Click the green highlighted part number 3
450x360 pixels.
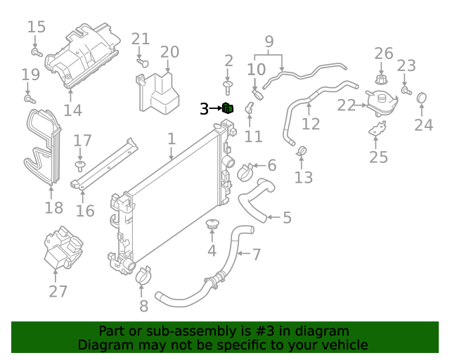click(228, 108)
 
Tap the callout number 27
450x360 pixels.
click(58, 291)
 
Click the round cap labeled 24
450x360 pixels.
click(423, 98)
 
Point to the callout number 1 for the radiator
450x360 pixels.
click(171, 140)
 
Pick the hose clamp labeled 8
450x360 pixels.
click(143, 277)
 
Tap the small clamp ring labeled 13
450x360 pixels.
click(302, 149)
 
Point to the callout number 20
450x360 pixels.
click(169, 52)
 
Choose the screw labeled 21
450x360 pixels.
click(141, 62)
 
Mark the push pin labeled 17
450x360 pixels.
click(80, 165)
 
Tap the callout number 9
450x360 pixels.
click(268, 42)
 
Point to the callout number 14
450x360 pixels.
click(72, 110)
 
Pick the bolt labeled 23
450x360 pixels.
click(406, 90)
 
